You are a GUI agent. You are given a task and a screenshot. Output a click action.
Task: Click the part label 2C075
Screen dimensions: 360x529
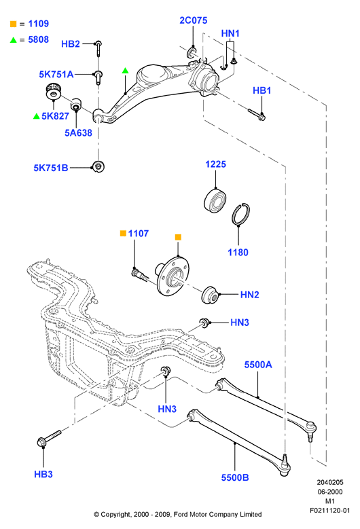coord(194,20)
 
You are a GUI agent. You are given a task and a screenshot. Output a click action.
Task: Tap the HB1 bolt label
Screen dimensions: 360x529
coord(262,90)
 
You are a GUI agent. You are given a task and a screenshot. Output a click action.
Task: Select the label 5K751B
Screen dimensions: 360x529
coord(51,168)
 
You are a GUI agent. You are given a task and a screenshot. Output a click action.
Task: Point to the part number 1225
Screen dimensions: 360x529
coord(215,164)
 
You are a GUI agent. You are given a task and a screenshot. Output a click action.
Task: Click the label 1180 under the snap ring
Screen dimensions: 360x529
coord(238,253)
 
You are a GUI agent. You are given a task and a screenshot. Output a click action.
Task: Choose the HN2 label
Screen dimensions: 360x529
coord(250,295)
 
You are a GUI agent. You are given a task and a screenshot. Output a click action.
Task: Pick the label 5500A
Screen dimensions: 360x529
coord(258,365)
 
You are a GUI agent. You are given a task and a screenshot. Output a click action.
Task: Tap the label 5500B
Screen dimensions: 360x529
coord(235,477)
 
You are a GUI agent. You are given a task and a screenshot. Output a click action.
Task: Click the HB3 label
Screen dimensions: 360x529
coord(43,474)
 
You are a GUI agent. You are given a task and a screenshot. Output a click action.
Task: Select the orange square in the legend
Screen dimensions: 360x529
coord(13,24)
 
